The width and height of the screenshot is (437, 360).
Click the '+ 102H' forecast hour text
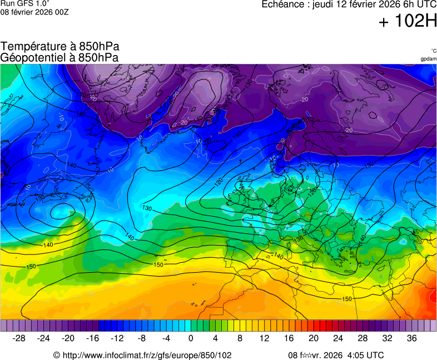408,22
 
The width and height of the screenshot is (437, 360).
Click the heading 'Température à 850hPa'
60,47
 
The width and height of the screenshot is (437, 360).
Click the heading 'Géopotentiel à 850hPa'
60,57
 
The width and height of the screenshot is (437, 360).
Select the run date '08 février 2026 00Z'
34,12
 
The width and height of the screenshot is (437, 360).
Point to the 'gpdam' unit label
428,59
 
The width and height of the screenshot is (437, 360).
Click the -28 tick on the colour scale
19,338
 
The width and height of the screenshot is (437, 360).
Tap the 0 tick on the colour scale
191,338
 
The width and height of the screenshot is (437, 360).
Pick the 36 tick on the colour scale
411,338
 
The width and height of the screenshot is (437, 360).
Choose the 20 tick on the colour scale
314,338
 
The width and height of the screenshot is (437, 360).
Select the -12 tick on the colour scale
117,338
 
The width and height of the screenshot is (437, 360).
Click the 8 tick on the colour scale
240,338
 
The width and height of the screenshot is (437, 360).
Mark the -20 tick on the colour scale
68,338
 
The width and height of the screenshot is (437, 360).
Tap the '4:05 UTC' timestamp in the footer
365,355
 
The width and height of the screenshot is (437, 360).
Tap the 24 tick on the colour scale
338,338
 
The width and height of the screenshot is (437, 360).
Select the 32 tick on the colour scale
387,338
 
